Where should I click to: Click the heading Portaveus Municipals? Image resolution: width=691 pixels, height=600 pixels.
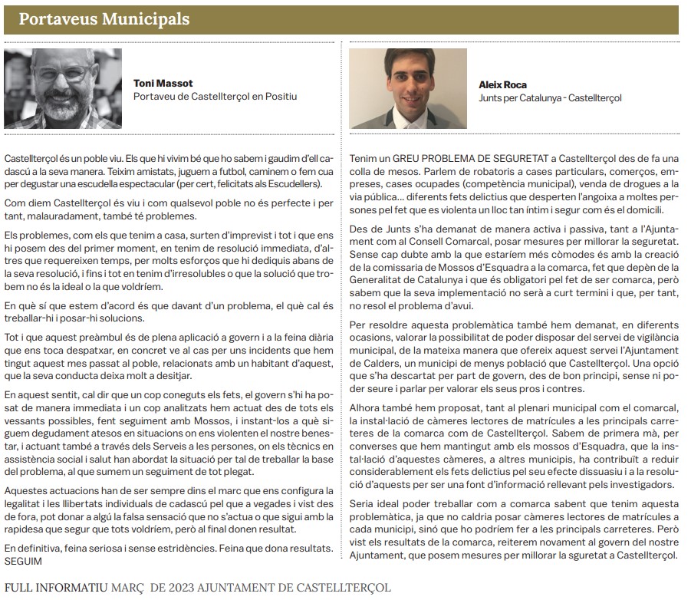104,18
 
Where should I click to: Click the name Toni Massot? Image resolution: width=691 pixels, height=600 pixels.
162,84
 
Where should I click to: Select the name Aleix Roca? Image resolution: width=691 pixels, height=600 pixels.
503,84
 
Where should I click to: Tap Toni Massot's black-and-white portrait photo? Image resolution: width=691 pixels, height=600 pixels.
62,88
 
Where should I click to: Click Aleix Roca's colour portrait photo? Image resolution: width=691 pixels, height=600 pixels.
408,88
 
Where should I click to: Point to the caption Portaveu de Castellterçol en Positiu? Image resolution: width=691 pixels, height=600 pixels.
215,97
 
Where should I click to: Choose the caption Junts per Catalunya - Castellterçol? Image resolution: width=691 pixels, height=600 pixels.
550,97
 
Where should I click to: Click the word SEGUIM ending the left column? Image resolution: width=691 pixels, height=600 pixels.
25,561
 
